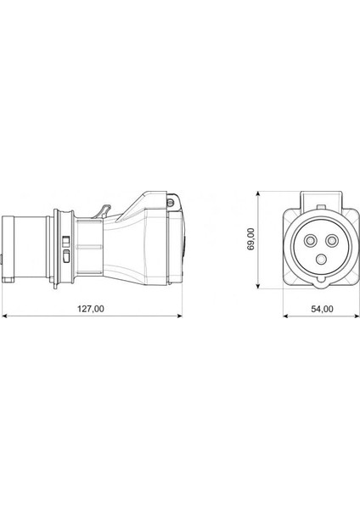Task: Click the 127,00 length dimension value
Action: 90,309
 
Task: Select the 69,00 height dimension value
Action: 250,238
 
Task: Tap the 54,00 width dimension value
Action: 322,309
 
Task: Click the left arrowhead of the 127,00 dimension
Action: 4,316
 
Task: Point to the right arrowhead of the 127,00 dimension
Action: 179,316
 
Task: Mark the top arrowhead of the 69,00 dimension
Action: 258,194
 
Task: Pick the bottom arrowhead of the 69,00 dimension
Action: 258,285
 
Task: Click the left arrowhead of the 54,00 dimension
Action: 286,316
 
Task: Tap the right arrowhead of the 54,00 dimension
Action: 357,316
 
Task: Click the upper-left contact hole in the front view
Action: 309,241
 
